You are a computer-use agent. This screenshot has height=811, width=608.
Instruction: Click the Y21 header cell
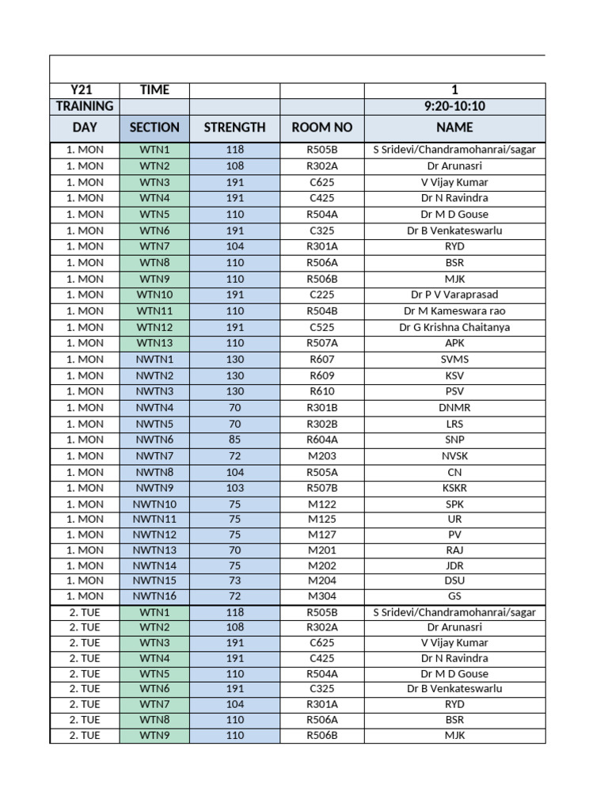point(84,90)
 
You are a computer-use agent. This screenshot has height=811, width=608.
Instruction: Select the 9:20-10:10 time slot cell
point(454,106)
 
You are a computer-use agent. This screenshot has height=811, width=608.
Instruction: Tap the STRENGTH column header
point(234,128)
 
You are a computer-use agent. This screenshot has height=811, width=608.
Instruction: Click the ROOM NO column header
point(321,128)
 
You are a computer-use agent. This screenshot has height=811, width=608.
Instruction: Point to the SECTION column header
point(154,128)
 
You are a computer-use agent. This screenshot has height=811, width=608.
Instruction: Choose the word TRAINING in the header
point(84,106)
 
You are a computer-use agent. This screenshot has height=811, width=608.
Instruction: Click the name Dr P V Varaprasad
point(454,295)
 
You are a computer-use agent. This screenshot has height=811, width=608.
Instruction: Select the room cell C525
point(321,327)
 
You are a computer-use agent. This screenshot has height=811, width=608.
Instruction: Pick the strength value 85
point(234,440)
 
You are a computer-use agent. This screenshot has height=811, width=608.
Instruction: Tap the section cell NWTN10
point(154,504)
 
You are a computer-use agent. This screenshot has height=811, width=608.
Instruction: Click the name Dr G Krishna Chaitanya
point(454,327)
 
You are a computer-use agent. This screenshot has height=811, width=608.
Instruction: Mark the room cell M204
point(321,581)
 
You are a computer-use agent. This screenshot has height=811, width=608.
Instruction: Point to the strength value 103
point(234,488)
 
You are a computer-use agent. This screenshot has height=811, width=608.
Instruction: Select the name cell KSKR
point(454,488)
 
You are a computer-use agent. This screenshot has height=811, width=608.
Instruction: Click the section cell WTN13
point(154,343)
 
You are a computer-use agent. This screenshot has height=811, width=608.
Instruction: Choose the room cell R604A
point(321,440)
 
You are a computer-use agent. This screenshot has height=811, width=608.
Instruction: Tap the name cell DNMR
point(454,407)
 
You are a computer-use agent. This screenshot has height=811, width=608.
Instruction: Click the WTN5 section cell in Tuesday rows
point(154,673)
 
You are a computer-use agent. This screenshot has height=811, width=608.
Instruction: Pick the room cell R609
point(321,375)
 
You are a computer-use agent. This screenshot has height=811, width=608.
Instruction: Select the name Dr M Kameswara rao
point(454,311)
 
